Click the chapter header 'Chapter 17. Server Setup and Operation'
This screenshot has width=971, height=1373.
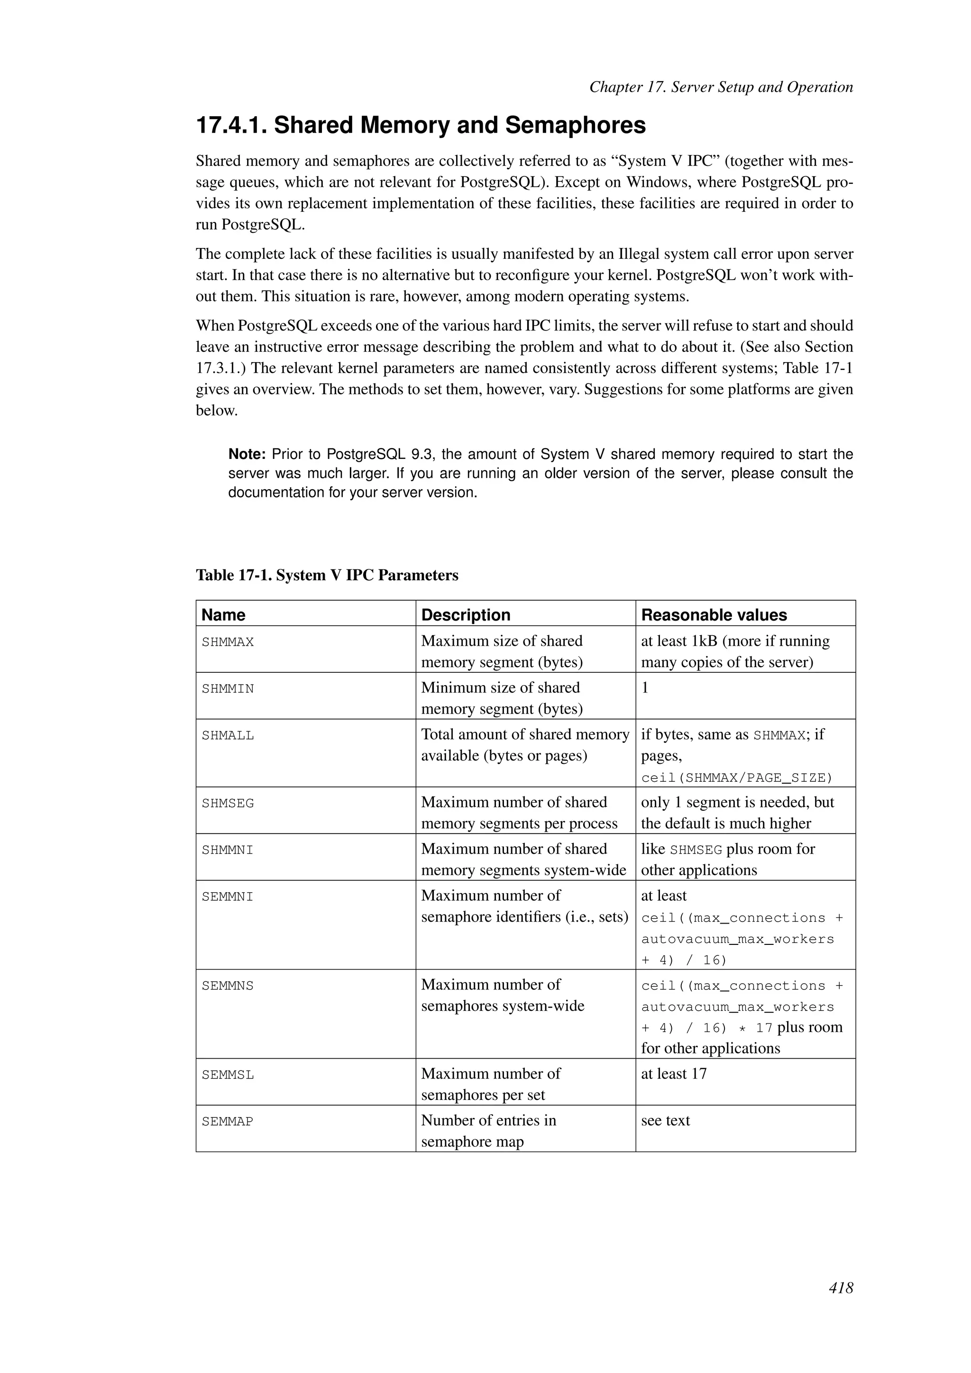[721, 87]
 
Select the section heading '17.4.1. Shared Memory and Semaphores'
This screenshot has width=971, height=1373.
[421, 126]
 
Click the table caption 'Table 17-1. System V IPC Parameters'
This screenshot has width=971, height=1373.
[327, 575]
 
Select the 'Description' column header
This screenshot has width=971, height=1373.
[465, 615]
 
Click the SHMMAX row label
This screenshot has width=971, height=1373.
[227, 642]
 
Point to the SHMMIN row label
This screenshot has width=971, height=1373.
[227, 689]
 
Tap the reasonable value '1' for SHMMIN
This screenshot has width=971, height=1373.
[644, 688]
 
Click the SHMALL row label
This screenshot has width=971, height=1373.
[227, 735]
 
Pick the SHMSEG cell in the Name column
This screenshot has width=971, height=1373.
[227, 804]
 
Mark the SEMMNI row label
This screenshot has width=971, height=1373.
[227, 897]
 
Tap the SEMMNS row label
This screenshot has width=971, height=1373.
[227, 986]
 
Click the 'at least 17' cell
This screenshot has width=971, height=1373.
[673, 1073]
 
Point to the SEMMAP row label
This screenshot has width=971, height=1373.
[227, 1122]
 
